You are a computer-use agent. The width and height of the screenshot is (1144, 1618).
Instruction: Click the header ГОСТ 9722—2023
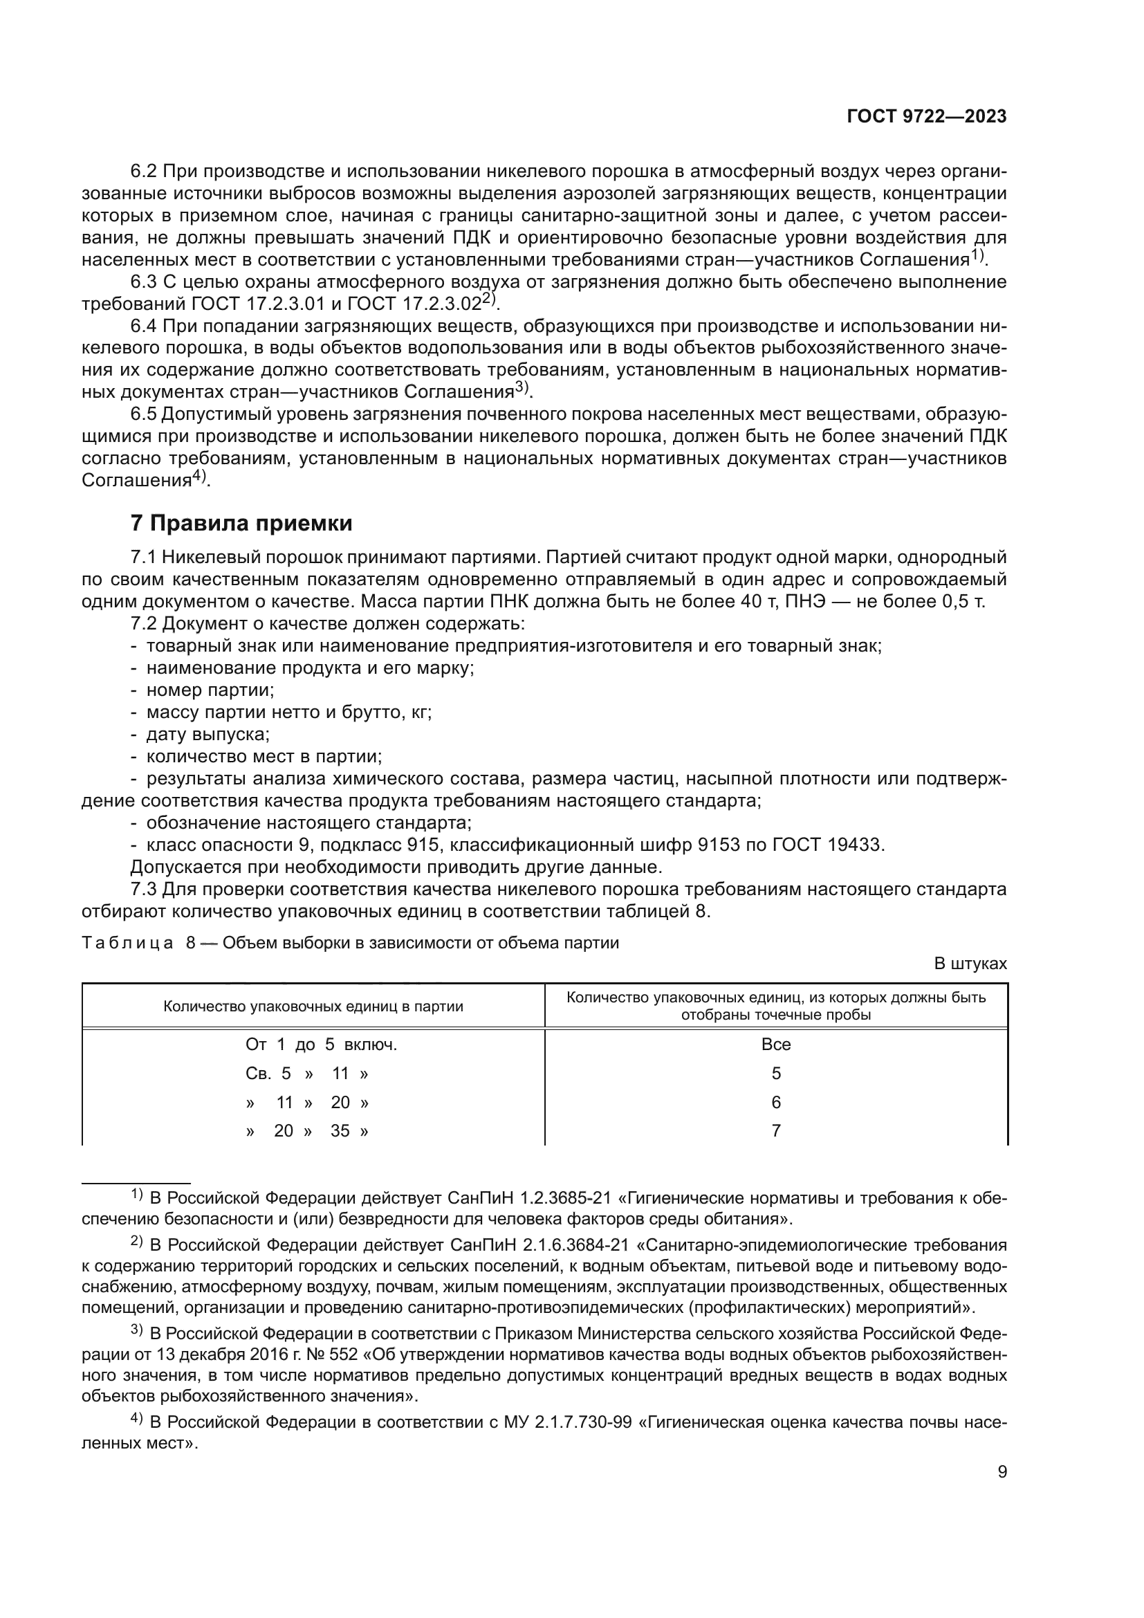926,117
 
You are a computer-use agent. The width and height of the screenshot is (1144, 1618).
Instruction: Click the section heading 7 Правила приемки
241,524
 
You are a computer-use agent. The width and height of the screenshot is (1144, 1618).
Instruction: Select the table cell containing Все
775,1045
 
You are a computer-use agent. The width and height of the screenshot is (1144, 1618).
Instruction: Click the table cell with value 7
775,1131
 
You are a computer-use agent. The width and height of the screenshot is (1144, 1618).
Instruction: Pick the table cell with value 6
775,1102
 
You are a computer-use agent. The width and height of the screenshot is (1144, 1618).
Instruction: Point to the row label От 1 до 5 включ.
321,1045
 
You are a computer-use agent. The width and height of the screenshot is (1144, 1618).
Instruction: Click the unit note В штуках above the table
970,964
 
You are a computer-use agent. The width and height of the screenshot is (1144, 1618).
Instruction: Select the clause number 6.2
145,172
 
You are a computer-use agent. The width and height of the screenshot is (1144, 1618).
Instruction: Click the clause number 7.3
145,890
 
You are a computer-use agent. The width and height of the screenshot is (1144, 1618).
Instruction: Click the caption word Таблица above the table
127,943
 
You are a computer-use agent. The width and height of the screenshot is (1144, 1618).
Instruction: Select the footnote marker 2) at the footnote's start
137,1242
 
